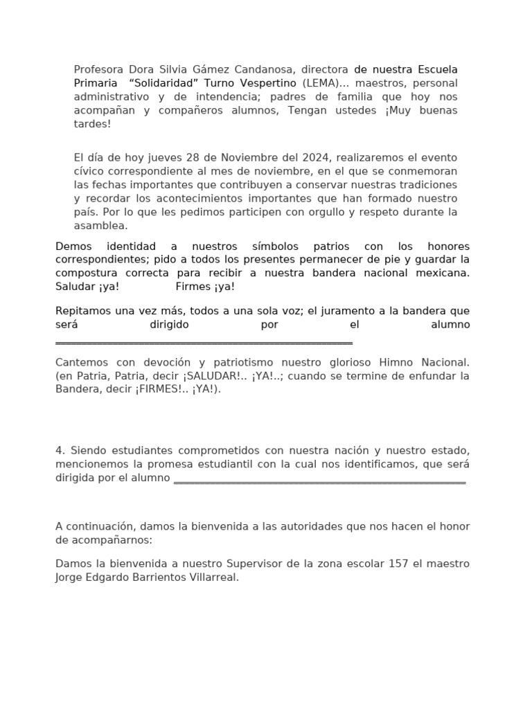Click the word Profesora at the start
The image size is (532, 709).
(x=98, y=70)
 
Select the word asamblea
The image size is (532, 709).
(x=101, y=225)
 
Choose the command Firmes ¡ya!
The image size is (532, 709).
(x=205, y=286)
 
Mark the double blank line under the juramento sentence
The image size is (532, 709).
(x=204, y=342)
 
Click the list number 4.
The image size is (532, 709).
(x=59, y=451)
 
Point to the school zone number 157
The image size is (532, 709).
(x=398, y=564)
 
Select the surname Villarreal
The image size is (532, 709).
(x=211, y=577)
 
